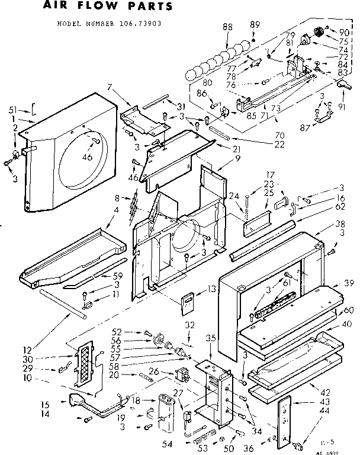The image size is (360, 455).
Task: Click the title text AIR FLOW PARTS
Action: tap(108, 7)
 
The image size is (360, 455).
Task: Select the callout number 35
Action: tap(209, 338)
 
